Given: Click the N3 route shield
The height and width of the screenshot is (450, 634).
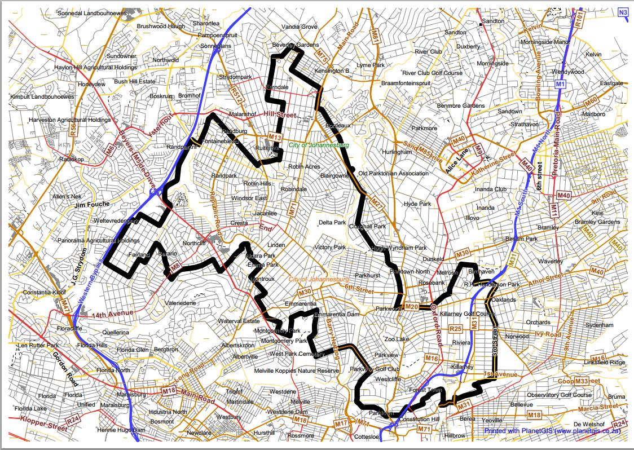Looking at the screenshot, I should tap(623, 12).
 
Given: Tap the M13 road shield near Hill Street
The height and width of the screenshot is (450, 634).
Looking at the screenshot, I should tap(275, 137).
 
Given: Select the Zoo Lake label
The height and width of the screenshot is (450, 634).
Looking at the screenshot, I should tap(396, 339).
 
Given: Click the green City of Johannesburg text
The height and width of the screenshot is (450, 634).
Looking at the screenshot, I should tap(319, 145).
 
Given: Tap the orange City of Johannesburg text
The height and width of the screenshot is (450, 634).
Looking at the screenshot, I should tap(319, 280).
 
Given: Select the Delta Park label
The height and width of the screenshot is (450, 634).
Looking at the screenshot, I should tap(332, 223).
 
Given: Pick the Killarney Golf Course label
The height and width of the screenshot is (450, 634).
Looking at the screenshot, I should tap(468, 314).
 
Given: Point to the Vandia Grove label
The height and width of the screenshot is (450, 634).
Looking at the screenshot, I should tap(299, 27).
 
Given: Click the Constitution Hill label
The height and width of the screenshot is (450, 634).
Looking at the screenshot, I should tap(418, 420).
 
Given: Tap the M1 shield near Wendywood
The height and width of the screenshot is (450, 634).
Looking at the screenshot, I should tap(560, 84).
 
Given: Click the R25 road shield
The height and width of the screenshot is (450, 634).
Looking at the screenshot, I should tap(456, 328).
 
